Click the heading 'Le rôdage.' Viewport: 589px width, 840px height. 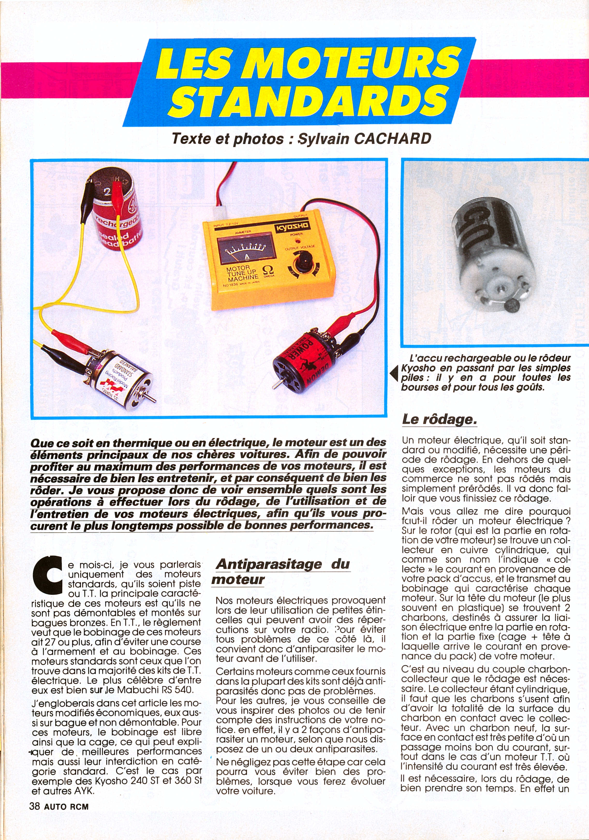click(x=439, y=419)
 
